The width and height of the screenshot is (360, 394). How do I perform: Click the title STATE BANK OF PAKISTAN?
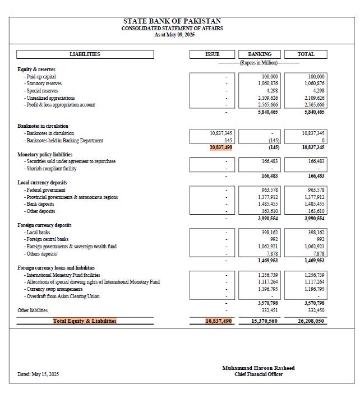point(179,21)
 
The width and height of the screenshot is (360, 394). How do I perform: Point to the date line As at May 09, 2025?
point(179,35)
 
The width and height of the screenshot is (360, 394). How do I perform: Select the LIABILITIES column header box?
point(85,54)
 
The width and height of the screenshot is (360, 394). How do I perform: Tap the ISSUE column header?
point(212,54)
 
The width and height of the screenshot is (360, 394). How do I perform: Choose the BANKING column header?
point(259,54)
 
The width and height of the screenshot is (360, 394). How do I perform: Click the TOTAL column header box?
point(306,54)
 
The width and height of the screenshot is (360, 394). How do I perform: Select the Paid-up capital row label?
point(40,77)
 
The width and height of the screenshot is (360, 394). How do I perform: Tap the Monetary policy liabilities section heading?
point(45,154)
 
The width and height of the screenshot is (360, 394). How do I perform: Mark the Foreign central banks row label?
point(47,239)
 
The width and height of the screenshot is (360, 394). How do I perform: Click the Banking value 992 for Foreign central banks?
point(273,239)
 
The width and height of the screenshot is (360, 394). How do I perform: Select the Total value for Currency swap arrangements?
point(313,289)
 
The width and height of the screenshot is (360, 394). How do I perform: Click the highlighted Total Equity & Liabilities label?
point(85,321)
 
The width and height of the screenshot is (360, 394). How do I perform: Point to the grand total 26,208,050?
point(311,321)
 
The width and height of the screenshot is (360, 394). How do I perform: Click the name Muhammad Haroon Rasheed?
point(258,368)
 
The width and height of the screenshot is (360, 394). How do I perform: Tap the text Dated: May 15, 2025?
point(38,374)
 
